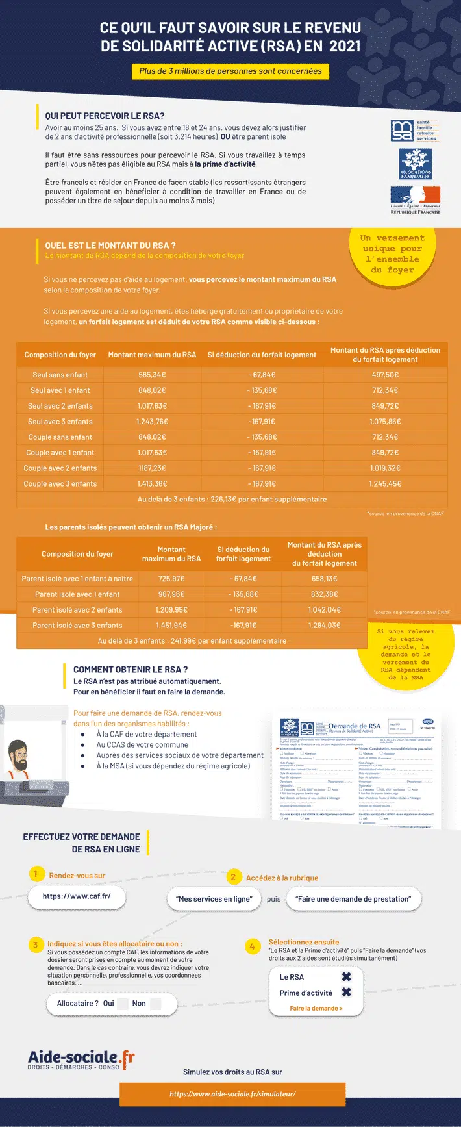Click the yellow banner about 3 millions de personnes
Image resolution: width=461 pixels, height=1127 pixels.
[x=230, y=71]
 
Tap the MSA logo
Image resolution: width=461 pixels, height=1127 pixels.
[x=415, y=131]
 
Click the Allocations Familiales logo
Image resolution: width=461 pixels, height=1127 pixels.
[x=415, y=163]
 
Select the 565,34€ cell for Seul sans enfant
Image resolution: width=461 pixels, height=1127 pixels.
[x=152, y=375]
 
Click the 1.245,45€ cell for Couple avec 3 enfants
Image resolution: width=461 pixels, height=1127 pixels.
[x=385, y=484]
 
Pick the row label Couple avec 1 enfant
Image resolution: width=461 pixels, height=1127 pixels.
[x=60, y=453]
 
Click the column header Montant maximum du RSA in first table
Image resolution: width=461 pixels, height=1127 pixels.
[x=152, y=355]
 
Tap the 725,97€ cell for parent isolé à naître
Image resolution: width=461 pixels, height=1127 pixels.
[x=171, y=579]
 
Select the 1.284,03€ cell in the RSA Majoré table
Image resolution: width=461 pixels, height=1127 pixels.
[x=324, y=626]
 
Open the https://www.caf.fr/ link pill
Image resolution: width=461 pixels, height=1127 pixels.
[x=77, y=896]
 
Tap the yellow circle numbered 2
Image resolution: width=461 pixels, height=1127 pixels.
[x=233, y=877]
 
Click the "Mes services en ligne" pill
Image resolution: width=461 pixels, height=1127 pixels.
[x=214, y=899]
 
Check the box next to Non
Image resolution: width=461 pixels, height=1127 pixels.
[x=155, y=1004]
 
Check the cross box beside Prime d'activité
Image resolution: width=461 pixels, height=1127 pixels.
[x=346, y=993]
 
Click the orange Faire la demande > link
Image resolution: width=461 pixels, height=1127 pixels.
[x=316, y=1009]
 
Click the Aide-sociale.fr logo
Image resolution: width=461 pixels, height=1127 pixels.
[x=81, y=1059]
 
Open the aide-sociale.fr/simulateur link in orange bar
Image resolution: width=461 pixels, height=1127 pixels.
[x=232, y=1094]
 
